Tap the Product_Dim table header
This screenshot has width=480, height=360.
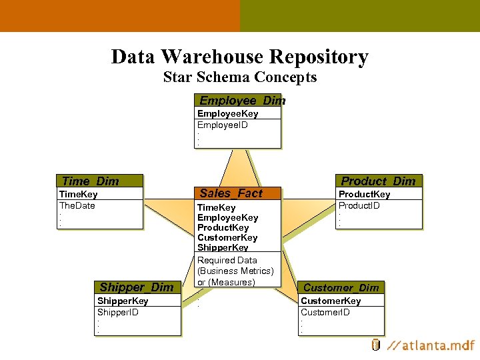[x=379, y=181]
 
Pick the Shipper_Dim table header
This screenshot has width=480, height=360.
[x=137, y=287]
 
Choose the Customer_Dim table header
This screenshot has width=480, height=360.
[x=341, y=287]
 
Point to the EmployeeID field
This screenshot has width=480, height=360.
[x=223, y=125]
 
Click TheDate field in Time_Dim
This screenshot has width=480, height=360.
[x=77, y=205]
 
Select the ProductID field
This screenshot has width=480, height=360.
[x=359, y=205]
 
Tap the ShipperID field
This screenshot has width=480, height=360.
[x=118, y=312]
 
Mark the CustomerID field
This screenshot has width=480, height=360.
[x=325, y=312]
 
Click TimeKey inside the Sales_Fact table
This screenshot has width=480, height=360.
[x=217, y=207]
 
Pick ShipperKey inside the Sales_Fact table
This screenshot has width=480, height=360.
[x=223, y=247]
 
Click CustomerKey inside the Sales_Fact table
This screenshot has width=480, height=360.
[x=227, y=237]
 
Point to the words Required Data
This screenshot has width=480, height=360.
[x=227, y=260]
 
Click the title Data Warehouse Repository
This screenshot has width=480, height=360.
[x=240, y=57]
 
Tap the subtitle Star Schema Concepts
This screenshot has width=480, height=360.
[x=240, y=77]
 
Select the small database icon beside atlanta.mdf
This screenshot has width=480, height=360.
[x=376, y=345]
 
